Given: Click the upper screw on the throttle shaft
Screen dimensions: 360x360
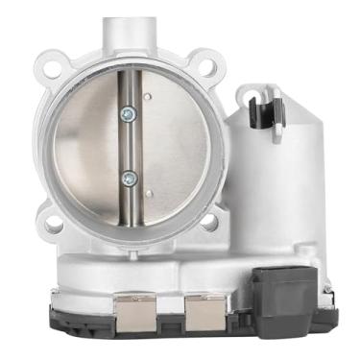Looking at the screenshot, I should tap(127, 113).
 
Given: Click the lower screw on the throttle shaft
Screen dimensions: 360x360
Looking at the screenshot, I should tap(127, 176).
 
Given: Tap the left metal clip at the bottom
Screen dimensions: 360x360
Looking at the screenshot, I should tap(134, 313).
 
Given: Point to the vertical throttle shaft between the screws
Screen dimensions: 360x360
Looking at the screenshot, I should tap(127, 144).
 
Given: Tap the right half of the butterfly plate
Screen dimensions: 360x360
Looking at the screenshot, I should tap(173, 144).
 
